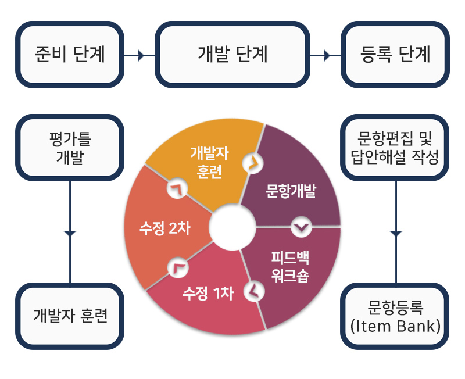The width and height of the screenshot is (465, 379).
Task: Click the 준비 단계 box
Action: [70, 54]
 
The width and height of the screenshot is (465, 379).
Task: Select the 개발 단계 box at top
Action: [233, 54]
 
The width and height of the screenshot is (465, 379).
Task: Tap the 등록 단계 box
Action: [395, 54]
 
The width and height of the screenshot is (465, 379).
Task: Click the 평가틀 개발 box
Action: [70, 148]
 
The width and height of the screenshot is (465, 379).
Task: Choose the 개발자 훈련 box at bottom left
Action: [70, 316]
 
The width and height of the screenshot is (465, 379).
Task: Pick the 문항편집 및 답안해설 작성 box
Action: [395, 148]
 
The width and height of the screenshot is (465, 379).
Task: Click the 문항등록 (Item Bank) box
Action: [395, 316]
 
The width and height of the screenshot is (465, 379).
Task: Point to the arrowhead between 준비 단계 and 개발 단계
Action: [141, 55]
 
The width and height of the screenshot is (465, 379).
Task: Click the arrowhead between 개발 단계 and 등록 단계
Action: [327, 55]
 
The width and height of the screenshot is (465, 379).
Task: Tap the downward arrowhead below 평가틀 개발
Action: [70, 234]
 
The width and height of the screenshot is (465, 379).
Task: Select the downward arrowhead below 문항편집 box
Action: [396, 234]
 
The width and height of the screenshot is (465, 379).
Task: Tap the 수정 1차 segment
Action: [208, 294]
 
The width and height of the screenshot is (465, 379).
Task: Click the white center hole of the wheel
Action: [232, 227]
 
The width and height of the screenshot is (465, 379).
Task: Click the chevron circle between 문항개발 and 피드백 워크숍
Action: [301, 227]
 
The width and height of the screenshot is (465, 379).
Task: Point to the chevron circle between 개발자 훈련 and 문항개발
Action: [253, 163]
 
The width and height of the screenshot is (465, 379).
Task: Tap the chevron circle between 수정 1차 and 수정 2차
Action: [178, 267]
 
